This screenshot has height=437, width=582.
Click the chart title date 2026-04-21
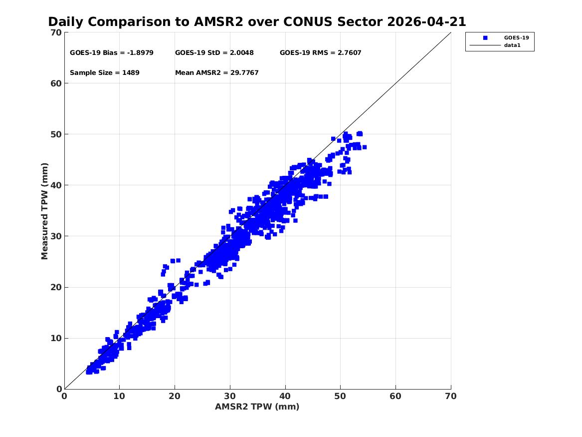426,22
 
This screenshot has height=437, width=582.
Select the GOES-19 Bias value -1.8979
140,53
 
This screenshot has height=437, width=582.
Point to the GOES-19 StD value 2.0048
242,53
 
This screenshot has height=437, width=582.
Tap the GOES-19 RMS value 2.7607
349,53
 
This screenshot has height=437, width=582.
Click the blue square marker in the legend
485,38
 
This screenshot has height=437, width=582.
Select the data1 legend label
512,45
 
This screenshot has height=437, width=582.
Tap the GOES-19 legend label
516,37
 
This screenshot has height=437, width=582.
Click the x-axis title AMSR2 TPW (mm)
257,407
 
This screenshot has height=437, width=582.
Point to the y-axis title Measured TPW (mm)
44,211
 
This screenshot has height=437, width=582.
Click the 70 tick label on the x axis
451,396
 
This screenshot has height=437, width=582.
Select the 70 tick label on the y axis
56,32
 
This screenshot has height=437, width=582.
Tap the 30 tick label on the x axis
230,396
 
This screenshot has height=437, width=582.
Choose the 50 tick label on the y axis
56,134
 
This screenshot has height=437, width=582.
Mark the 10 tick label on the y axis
56,338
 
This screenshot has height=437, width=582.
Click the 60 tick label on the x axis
395,396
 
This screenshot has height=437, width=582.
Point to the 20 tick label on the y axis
56,287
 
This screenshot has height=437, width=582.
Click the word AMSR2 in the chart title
218,22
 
